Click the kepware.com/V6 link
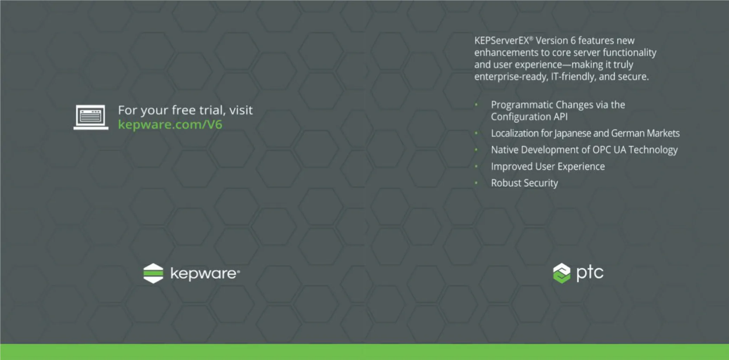pos(170,125)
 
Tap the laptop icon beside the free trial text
pos(91,117)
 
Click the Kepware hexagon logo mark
pos(153,273)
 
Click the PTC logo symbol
pos(562,273)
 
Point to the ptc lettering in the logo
pos(590,273)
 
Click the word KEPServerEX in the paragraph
pos(502,41)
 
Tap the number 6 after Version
pos(573,41)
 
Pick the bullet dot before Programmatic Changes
pos(476,104)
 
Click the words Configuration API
pos(529,117)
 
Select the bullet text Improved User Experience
pos(548,166)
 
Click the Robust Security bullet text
pos(524,183)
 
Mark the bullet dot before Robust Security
pos(476,183)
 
